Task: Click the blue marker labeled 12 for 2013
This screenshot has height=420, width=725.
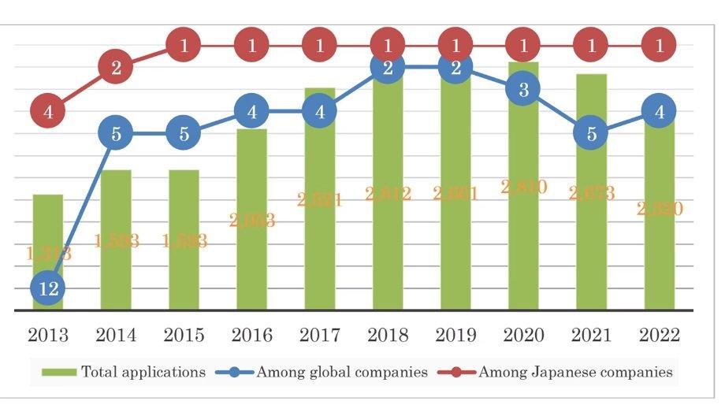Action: coord(48,289)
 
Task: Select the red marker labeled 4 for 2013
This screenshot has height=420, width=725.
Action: coord(48,112)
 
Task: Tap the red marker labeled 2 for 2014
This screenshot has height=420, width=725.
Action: coord(116,68)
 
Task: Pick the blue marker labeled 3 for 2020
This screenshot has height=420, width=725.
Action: coord(523,90)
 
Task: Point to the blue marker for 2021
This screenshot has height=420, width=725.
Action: coord(591,134)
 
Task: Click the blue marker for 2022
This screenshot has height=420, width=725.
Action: coord(659,112)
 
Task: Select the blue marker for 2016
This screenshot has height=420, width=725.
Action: coord(251,112)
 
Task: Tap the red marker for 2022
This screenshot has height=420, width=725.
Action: coord(659,46)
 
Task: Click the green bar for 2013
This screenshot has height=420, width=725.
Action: coord(48,236)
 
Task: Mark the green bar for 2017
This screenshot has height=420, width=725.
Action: coord(319,236)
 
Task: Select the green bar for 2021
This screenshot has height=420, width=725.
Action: coord(591,236)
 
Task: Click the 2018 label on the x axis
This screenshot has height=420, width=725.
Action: coord(387,335)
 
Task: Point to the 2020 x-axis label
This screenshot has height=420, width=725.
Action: coord(523,335)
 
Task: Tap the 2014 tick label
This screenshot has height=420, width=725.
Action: coord(116,335)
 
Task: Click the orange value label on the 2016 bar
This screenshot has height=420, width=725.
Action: coord(251,221)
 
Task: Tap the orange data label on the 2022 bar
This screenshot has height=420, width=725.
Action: coord(659,209)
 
